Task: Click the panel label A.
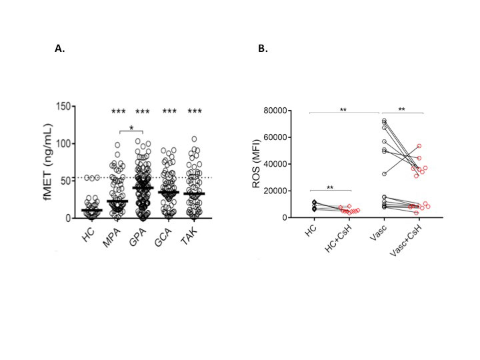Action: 59,49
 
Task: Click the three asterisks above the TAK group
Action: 195,111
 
